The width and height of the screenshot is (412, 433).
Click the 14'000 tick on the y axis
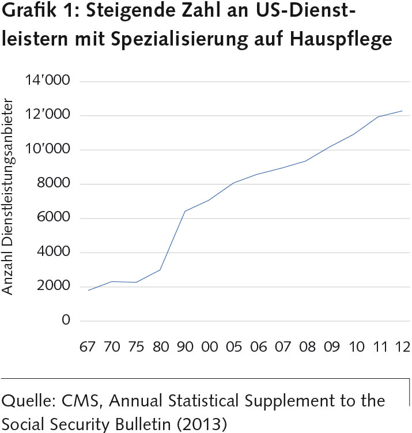pyautogui.click(x=47, y=81)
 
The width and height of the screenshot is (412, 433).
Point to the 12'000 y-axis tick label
pyautogui.click(x=47, y=115)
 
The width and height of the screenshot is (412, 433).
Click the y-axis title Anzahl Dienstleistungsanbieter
pyautogui.click(x=9, y=199)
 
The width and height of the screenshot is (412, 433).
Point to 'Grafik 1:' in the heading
pyautogui.click(x=38, y=13)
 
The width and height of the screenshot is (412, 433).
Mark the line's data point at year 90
pyautogui.click(x=184, y=211)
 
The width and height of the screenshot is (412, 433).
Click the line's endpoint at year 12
pyautogui.click(x=402, y=111)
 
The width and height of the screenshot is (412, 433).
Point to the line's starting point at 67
pyautogui.click(x=88, y=290)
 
